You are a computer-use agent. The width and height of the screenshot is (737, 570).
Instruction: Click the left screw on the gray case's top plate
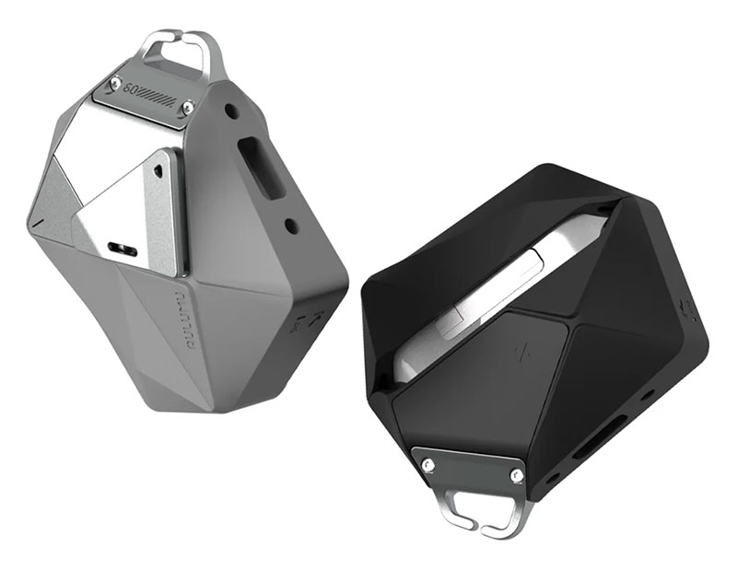[x=115, y=84]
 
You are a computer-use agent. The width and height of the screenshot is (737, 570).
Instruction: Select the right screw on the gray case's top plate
[x=187, y=109]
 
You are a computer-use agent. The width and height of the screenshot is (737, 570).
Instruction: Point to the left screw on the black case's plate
[x=429, y=461]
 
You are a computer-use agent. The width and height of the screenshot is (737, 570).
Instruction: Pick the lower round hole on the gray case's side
[x=292, y=223]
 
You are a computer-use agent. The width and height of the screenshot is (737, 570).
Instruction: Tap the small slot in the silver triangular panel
[x=123, y=248]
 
